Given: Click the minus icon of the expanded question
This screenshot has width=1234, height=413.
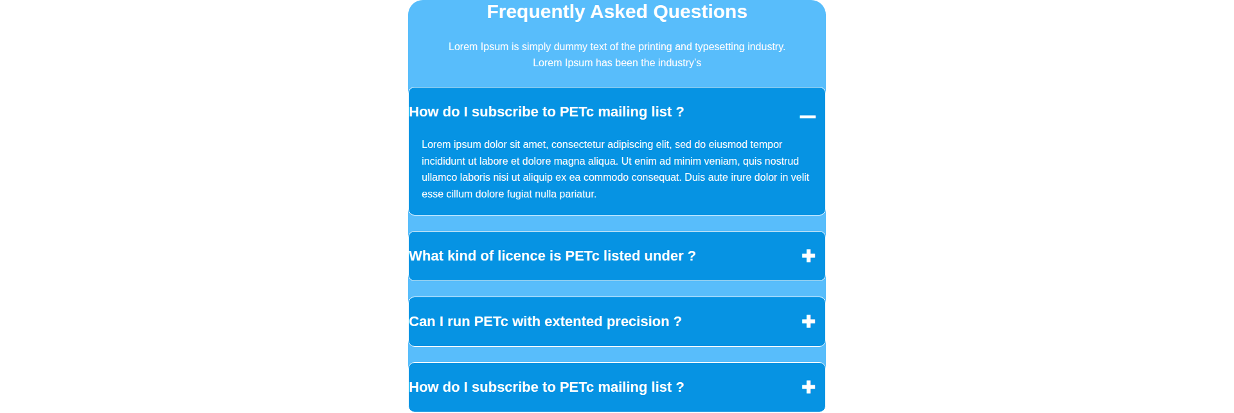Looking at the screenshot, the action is click(x=808, y=116).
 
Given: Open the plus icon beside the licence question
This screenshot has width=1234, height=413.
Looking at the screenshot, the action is click(x=809, y=256).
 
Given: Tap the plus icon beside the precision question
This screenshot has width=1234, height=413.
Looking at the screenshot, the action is click(x=809, y=322).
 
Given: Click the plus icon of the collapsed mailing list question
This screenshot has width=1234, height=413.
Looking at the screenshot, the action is click(x=809, y=387).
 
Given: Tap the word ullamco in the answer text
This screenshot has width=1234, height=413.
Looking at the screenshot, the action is click(x=439, y=178).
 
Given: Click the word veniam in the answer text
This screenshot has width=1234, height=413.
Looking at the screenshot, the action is click(x=720, y=161).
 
